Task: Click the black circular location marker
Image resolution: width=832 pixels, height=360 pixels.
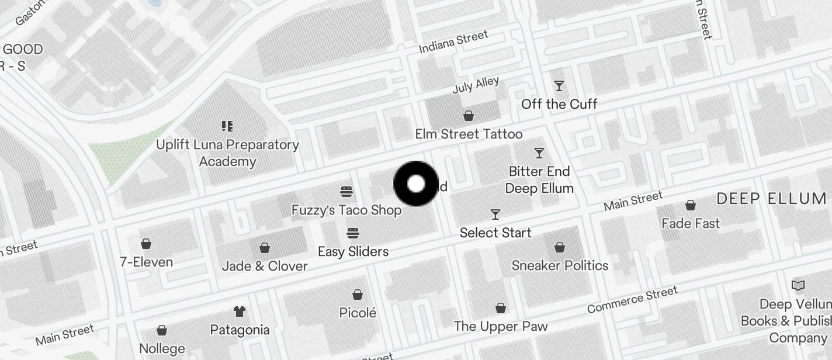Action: tap(416, 184)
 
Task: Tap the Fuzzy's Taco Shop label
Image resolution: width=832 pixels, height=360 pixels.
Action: tap(346, 210)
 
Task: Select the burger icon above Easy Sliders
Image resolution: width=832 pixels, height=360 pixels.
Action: tap(353, 233)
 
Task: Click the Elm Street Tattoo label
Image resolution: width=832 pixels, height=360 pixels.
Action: tap(469, 134)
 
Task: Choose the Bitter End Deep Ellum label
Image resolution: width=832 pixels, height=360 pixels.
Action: tap(539, 179)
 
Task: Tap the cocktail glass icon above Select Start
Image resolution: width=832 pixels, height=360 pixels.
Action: tap(495, 214)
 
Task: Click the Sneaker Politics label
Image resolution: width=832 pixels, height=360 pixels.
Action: tap(560, 265)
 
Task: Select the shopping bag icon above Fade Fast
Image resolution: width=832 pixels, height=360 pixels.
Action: tap(691, 205)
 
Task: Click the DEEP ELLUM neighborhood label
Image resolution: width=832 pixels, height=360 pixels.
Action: tap(771, 199)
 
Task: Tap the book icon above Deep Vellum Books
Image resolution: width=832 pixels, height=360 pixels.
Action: tap(798, 286)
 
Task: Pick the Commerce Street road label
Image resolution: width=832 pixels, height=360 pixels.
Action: tap(632, 299)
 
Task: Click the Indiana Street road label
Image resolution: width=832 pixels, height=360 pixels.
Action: tap(453, 42)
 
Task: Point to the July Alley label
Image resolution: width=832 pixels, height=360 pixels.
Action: tap(476, 85)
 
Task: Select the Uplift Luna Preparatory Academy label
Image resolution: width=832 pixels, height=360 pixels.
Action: tap(227, 153)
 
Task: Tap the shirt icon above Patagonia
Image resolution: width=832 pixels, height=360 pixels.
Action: tap(240, 311)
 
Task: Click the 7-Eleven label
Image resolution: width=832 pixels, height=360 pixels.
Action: tap(146, 262)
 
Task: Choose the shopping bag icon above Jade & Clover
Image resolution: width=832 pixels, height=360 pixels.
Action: tap(265, 248)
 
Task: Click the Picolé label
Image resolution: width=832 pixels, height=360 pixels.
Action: tap(358, 313)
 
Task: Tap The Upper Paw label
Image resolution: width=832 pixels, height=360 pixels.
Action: tap(501, 326)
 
